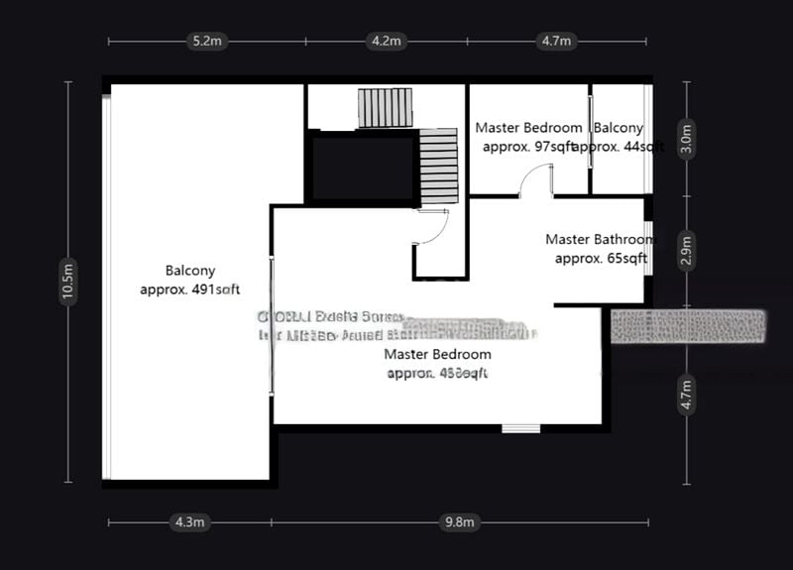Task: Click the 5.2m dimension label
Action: (206, 41)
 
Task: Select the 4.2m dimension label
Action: (385, 41)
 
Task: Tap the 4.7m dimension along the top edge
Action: (555, 41)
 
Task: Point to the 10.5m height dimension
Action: (67, 282)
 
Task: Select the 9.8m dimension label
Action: (461, 521)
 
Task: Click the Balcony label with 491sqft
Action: (190, 280)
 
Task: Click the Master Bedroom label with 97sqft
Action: (528, 137)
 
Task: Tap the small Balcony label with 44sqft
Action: (619, 137)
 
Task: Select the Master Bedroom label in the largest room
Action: (437, 363)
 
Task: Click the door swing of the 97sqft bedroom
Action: (536, 181)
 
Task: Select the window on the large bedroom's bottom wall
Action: (520, 428)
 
